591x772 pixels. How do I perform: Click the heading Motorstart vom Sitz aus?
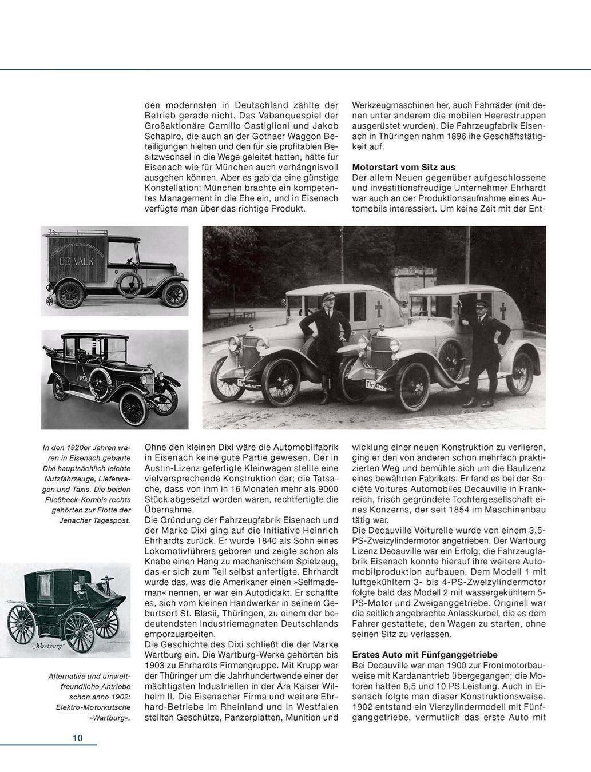tap(403, 167)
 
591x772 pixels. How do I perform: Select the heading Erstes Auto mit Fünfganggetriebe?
tap(425, 655)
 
